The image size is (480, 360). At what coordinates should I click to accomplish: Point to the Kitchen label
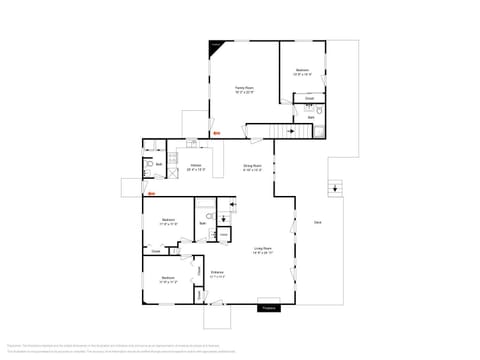coord(196,167)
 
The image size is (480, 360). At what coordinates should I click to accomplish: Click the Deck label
coord(317,221)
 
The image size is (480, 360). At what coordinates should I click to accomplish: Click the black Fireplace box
coord(268,308)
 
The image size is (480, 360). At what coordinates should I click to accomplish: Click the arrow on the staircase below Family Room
coord(291,130)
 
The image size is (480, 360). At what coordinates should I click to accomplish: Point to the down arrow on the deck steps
coord(334,187)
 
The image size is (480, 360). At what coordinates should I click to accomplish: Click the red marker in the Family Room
coord(216,133)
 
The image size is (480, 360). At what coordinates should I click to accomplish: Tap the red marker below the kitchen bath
coord(152,194)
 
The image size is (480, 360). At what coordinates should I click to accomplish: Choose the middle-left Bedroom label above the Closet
coord(168,221)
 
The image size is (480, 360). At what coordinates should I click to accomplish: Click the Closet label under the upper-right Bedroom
coord(310,98)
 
